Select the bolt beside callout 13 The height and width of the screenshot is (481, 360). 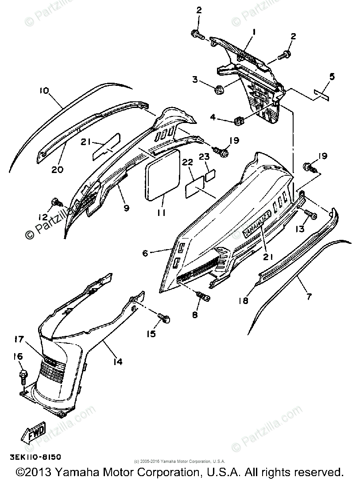click(311, 215)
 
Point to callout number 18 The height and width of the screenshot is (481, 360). click(243, 301)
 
